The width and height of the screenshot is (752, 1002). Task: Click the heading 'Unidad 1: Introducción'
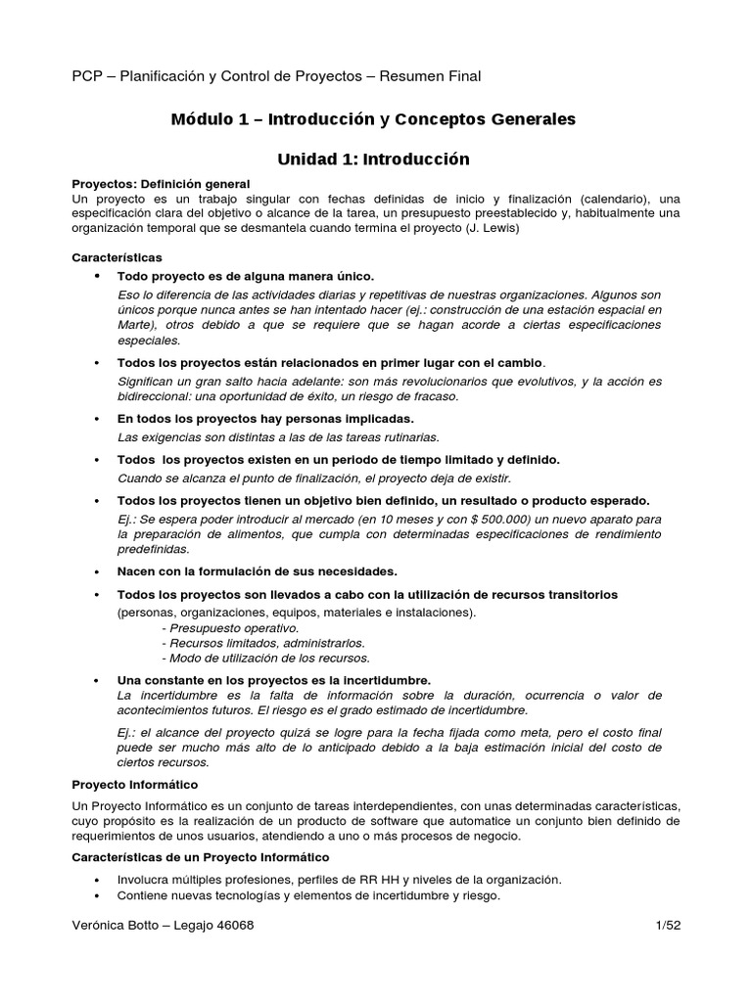tap(374, 159)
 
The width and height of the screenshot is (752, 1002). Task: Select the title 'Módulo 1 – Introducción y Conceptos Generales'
tap(373, 119)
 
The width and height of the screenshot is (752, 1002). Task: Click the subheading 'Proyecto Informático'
tap(135, 784)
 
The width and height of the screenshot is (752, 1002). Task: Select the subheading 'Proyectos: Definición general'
tap(162, 184)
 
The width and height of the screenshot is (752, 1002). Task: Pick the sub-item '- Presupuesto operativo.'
tap(230, 627)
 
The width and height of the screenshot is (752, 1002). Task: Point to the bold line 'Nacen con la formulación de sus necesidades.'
tap(257, 570)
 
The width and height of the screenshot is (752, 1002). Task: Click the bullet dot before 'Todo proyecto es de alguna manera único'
tap(96, 277)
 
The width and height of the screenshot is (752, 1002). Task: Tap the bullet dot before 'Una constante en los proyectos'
tap(96, 679)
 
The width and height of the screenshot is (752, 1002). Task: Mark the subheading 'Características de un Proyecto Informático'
tap(202, 857)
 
